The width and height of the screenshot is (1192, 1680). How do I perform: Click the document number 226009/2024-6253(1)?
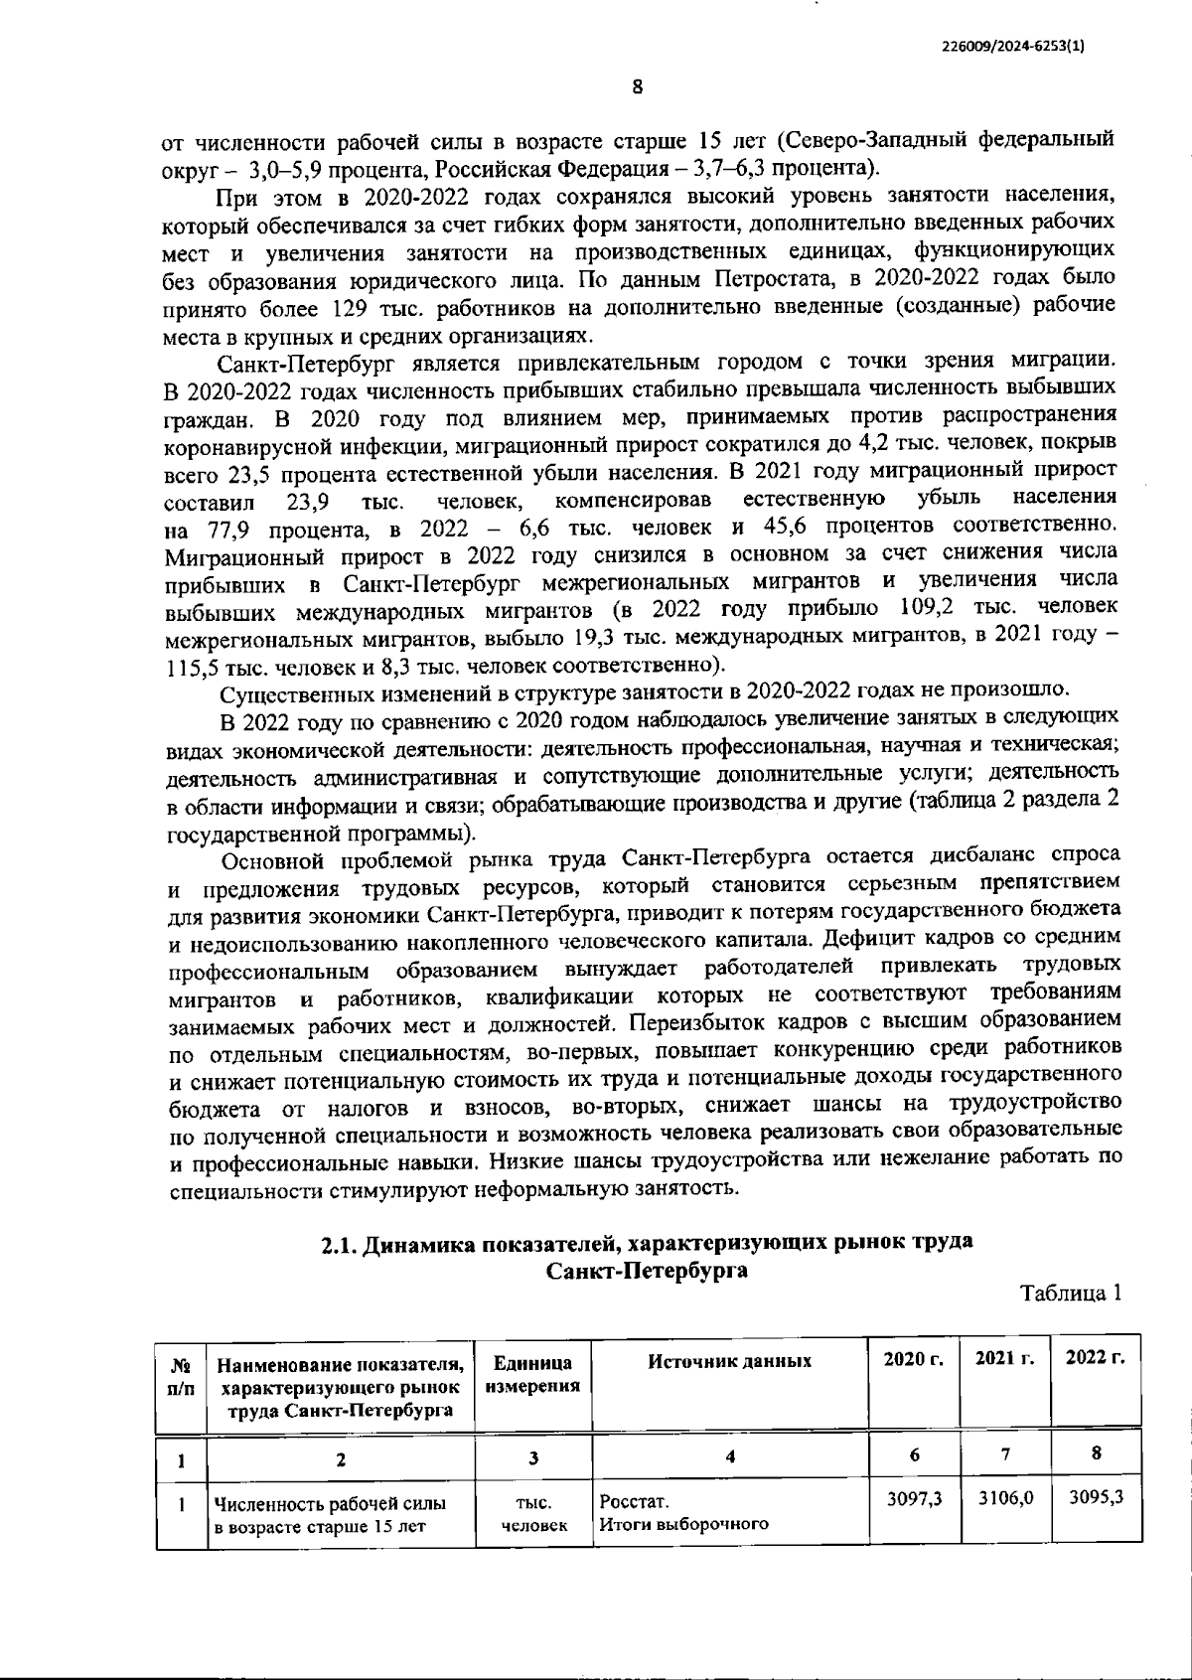tap(1012, 45)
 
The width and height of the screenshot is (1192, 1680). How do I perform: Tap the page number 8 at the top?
tap(637, 87)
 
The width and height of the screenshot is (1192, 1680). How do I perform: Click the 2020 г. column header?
tap(913, 1358)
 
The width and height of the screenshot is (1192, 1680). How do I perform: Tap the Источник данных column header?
tap(729, 1361)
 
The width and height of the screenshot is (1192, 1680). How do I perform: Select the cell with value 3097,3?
tap(914, 1497)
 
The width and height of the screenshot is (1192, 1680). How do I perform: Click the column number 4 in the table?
tap(729, 1456)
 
